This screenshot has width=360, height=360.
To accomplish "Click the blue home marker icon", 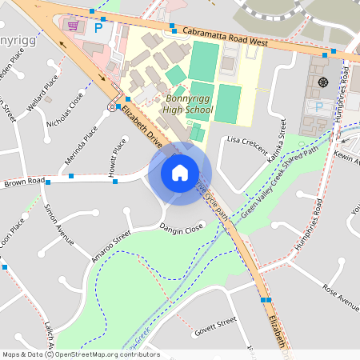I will [180, 172].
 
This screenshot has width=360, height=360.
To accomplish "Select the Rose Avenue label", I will [341, 297].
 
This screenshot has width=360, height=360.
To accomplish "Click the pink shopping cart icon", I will [74, 26].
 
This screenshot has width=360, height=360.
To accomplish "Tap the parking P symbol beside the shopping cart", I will [99, 27].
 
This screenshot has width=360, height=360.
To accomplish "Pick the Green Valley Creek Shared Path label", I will [280, 181].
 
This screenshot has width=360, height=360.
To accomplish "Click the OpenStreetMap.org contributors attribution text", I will [107, 354].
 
